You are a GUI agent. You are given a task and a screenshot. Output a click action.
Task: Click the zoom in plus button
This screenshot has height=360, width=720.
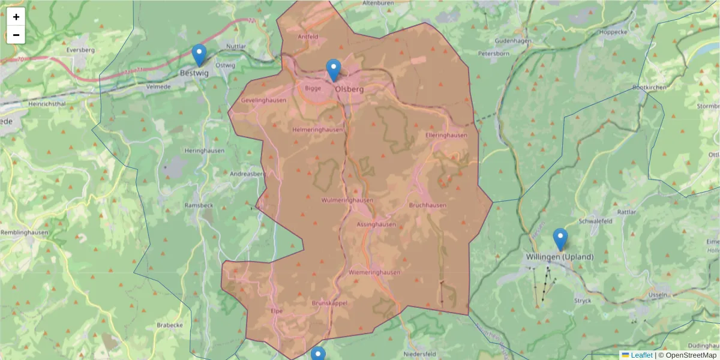click(x=16, y=17)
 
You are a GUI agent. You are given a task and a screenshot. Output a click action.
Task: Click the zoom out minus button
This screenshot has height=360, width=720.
click(x=16, y=35)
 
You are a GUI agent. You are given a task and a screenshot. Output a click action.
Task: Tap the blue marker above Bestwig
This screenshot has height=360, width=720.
click(x=199, y=55)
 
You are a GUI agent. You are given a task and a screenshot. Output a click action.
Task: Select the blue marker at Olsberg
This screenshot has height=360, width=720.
click(x=334, y=70)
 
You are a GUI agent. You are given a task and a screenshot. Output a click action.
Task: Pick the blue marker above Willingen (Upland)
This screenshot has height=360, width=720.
click(x=560, y=239)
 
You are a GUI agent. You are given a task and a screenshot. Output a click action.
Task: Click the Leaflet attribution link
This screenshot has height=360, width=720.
click(x=641, y=355)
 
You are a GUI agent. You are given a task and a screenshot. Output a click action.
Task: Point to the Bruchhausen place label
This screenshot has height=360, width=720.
click(x=427, y=205)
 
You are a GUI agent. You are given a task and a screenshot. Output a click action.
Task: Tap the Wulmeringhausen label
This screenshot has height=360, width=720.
click(x=347, y=200)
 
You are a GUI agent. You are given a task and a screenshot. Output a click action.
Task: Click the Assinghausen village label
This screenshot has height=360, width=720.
click(x=376, y=224)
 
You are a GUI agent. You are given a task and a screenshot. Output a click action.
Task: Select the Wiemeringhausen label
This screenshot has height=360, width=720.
click(x=374, y=272)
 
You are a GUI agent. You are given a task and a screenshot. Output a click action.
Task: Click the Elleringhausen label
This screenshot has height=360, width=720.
click(x=446, y=136)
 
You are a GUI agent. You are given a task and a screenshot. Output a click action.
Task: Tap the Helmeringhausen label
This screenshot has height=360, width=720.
click(x=317, y=130)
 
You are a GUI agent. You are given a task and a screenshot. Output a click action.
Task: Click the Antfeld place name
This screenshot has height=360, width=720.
click(x=308, y=37)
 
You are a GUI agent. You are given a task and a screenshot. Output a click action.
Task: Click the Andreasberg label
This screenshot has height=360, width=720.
click(x=248, y=174)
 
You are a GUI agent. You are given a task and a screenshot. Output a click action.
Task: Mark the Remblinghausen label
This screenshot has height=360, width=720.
click(x=23, y=232)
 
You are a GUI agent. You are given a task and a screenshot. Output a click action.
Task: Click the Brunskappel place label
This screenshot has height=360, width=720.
click(x=329, y=304)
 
